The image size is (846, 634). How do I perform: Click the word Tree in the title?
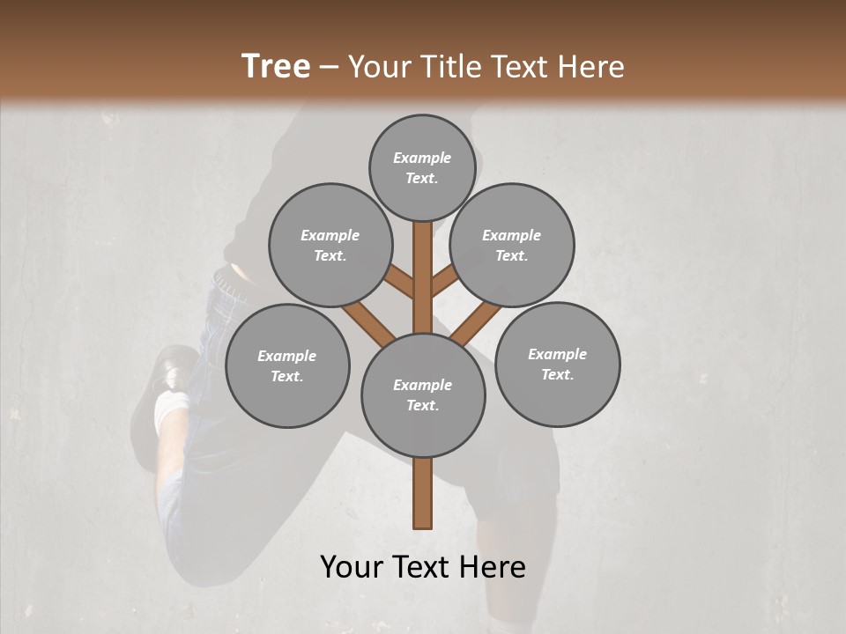tap(276, 67)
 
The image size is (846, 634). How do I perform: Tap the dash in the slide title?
tap(329, 68)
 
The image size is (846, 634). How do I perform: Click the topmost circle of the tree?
tap(422, 167)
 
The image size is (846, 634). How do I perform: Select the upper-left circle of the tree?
tap(330, 246)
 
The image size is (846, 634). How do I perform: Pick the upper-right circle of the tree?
tap(512, 246)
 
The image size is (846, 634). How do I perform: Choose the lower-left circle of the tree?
tap(287, 365)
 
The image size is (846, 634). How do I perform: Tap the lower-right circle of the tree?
tap(558, 364)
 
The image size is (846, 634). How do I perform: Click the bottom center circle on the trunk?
tap(423, 395)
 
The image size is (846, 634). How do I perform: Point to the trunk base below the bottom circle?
tap(423, 493)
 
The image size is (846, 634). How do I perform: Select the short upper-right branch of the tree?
tap(444, 282)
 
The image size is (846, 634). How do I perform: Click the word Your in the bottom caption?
tap(352, 567)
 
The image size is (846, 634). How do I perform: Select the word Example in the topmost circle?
tap(422, 158)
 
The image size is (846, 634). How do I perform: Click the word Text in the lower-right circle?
tap(557, 374)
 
